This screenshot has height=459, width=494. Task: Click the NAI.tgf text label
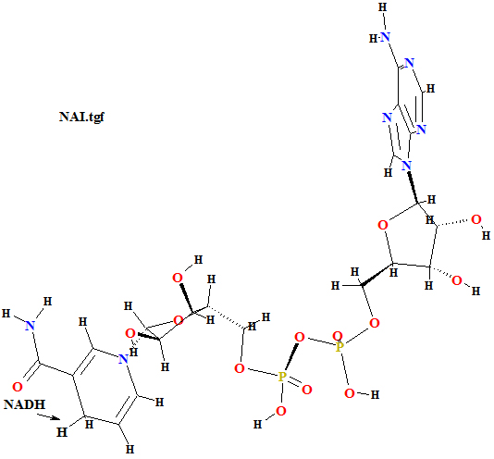[81, 117]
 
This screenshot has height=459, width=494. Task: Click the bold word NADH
[25, 404]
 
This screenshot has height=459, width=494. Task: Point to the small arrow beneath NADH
[48, 417]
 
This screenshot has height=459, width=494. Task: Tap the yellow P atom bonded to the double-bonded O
[282, 377]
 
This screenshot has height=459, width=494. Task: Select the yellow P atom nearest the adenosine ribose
[339, 347]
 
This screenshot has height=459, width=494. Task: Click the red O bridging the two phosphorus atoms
[300, 338]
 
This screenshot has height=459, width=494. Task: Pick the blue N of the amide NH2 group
[30, 326]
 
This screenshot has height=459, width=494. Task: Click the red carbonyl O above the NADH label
[18, 387]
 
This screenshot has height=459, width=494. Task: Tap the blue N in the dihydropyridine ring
[123, 359]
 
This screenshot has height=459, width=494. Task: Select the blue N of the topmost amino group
[385, 37]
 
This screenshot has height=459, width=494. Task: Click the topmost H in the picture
[383, 7]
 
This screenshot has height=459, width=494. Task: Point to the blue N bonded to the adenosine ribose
[407, 166]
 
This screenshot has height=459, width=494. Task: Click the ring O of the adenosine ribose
[383, 225]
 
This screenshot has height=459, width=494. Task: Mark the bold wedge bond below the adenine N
[413, 187]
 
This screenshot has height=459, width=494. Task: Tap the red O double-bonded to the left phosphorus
[307, 390]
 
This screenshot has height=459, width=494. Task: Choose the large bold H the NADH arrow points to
[62, 431]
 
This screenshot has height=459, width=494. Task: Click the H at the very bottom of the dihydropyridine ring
[130, 449]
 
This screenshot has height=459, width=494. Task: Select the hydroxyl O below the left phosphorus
[280, 411]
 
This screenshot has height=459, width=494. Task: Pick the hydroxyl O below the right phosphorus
[350, 393]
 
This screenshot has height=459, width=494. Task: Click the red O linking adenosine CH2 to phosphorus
[375, 323]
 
